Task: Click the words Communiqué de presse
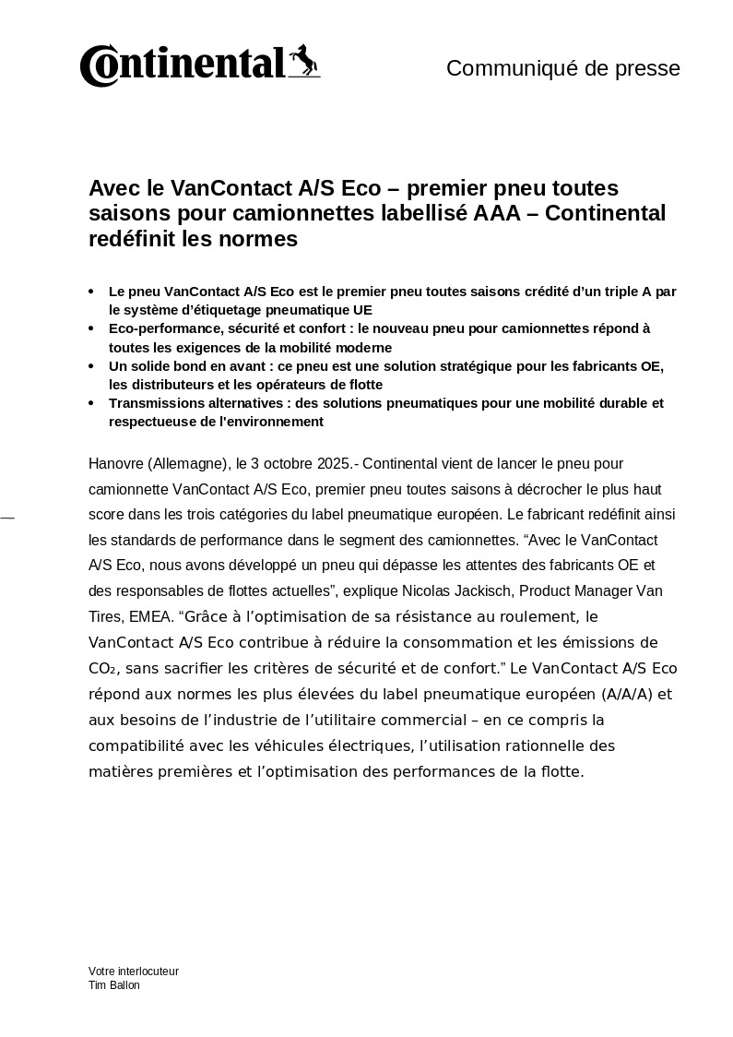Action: point(563,68)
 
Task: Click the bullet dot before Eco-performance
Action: point(90,328)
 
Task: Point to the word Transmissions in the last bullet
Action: point(153,403)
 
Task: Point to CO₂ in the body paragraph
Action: point(102,668)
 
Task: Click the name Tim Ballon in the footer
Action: point(114,985)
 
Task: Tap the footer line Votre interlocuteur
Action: point(134,971)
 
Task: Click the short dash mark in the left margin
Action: point(7,518)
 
